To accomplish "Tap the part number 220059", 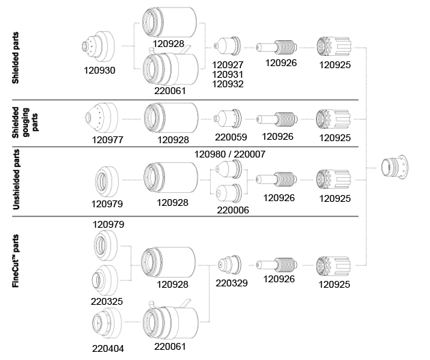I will point(229,136).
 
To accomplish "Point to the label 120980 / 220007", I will point(230,155).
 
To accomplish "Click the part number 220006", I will point(232,210).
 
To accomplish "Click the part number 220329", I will point(231,282).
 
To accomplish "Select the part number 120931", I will point(229,74).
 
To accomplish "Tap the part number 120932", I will point(229,84).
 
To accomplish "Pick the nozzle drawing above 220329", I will point(230,263).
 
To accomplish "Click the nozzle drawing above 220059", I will point(228,117).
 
